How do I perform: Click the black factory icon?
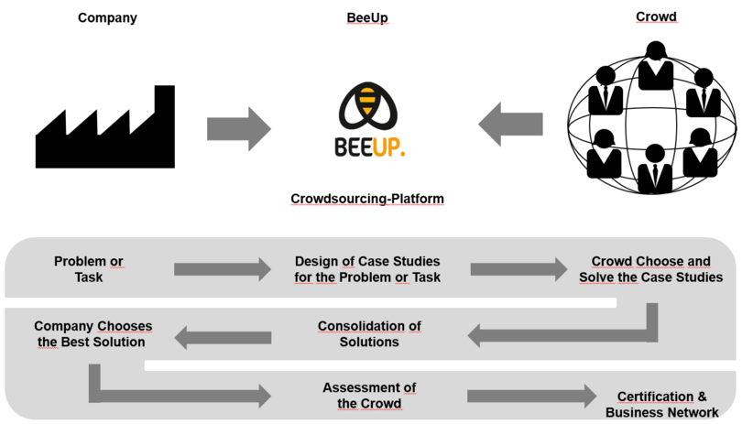[x=105, y=137]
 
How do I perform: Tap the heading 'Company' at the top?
[x=107, y=18]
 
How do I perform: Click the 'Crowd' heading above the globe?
[x=656, y=16]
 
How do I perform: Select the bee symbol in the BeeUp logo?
[x=367, y=106]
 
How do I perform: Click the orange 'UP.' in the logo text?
[x=389, y=147]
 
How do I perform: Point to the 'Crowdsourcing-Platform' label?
[x=367, y=199]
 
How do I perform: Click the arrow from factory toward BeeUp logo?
[x=239, y=129]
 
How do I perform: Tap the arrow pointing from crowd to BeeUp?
[x=510, y=124]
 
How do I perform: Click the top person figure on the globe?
[x=656, y=66]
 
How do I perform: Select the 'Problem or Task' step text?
[x=89, y=269]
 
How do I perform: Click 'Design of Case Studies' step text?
[x=367, y=261]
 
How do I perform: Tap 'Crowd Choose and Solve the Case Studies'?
[x=651, y=269]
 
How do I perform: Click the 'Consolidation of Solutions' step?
[x=369, y=334]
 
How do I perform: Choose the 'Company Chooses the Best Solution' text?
[x=93, y=334]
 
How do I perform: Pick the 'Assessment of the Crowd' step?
[x=369, y=396]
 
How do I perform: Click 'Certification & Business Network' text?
[x=662, y=405]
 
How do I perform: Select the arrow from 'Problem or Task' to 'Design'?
[x=223, y=269]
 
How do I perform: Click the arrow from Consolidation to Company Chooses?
[x=223, y=337]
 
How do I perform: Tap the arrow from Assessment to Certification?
[x=532, y=397]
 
